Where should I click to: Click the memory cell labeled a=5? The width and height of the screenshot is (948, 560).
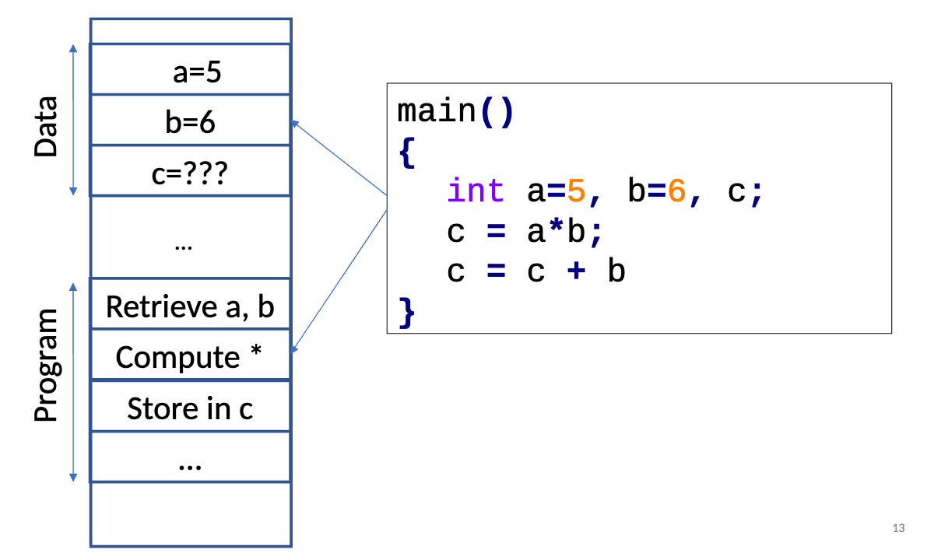tap(191, 72)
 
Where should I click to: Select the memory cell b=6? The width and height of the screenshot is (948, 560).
tap(191, 122)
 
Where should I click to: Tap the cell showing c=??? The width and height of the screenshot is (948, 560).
tap(191, 173)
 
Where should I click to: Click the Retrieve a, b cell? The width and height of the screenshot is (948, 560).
tap(191, 306)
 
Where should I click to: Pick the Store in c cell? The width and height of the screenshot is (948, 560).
tap(191, 408)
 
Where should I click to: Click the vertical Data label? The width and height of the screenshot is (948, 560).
tap(47, 127)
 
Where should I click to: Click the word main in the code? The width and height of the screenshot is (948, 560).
tap(437, 111)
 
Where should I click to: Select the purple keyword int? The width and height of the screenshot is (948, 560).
tap(476, 191)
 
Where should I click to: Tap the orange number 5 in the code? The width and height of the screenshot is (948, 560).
tap(576, 191)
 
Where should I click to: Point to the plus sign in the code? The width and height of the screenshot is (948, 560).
tap(576, 271)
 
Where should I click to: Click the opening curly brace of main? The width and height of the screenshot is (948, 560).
tap(406, 152)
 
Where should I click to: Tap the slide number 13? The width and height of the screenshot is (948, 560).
tap(898, 529)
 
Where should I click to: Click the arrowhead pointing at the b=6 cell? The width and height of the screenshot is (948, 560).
tap(295, 122)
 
